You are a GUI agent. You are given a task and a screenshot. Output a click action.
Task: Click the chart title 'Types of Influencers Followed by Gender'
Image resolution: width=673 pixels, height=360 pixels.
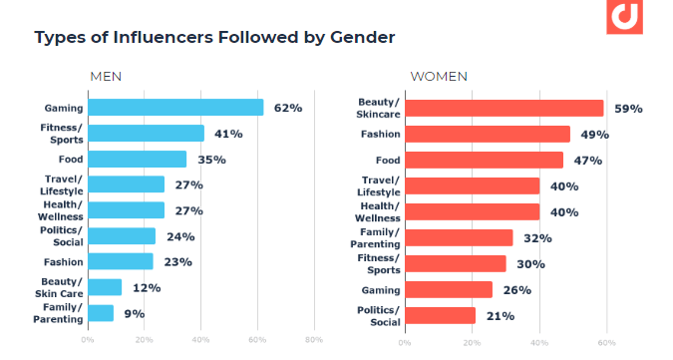(214, 38)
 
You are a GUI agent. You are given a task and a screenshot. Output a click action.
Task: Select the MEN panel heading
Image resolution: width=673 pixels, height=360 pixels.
(107, 77)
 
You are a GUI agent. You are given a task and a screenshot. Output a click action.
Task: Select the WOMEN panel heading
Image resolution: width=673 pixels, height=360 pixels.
(439, 77)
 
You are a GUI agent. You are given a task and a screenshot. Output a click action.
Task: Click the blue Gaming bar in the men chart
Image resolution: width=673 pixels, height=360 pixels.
(175, 108)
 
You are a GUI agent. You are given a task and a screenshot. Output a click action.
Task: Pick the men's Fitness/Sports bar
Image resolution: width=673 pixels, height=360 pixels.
(146, 134)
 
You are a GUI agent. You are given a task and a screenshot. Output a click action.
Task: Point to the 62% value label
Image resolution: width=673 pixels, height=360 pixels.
(287, 108)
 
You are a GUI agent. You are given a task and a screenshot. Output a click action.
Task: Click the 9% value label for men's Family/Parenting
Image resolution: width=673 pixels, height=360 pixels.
(133, 313)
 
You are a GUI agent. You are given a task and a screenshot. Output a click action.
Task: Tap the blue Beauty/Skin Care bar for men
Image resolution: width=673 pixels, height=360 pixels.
(105, 287)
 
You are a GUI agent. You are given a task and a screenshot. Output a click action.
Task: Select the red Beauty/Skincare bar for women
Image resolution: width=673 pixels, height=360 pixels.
(504, 108)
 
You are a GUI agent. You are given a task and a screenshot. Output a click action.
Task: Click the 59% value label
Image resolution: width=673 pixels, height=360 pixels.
(627, 108)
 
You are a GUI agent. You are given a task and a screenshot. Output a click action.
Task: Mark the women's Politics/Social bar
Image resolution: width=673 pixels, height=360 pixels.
(440, 315)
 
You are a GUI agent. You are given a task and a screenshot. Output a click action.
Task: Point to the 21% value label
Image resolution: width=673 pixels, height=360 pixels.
(500, 316)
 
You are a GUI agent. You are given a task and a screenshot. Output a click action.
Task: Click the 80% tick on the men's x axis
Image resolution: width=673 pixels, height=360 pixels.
(313, 341)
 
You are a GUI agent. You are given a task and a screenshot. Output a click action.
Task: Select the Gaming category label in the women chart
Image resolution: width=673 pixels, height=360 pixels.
(381, 290)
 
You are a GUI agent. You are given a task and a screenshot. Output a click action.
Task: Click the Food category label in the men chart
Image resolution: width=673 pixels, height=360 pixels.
(70, 160)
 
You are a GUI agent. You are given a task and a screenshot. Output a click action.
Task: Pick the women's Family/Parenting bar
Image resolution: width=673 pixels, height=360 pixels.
(458, 237)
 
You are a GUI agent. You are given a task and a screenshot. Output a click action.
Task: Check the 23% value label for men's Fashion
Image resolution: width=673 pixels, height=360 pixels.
(177, 262)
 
